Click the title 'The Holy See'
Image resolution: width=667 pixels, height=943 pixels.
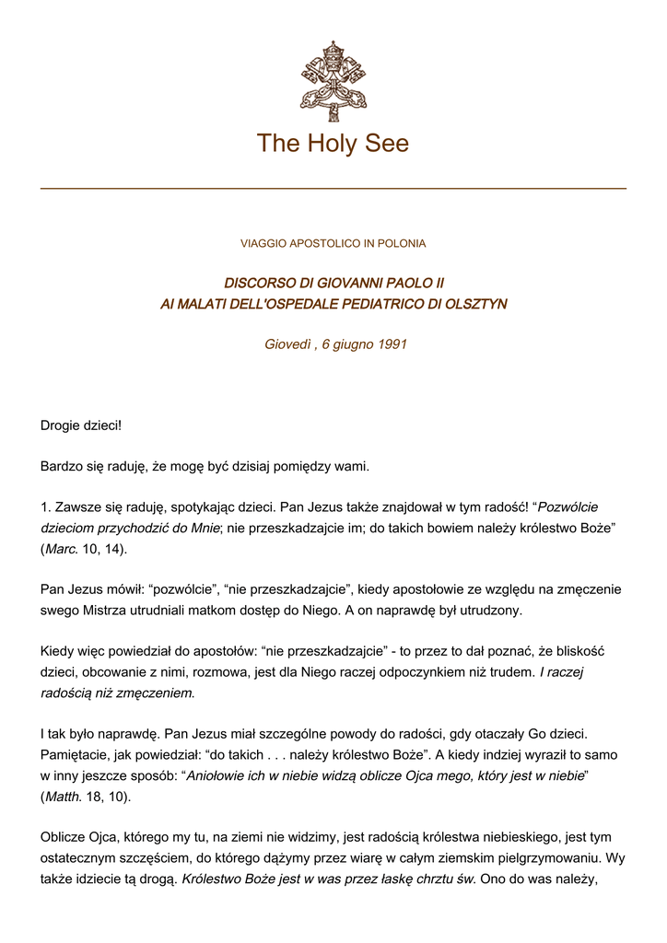tap(333, 144)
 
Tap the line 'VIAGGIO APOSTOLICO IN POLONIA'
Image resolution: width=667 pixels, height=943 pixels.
tap(333, 244)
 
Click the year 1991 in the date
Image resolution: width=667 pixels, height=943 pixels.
tap(392, 345)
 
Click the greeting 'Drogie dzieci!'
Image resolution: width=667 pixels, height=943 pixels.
tap(81, 425)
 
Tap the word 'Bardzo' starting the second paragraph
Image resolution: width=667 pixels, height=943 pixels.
tap(62, 467)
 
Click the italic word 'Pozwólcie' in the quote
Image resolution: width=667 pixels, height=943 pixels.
tap(568, 507)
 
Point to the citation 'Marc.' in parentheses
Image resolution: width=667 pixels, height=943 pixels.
tap(62, 549)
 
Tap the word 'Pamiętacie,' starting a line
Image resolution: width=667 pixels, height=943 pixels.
tap(77, 754)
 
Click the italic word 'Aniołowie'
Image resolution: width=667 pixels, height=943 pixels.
tap(216, 775)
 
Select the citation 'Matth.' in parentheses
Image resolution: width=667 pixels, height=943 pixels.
tap(64, 796)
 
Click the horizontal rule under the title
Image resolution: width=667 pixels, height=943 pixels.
tap(333, 189)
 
